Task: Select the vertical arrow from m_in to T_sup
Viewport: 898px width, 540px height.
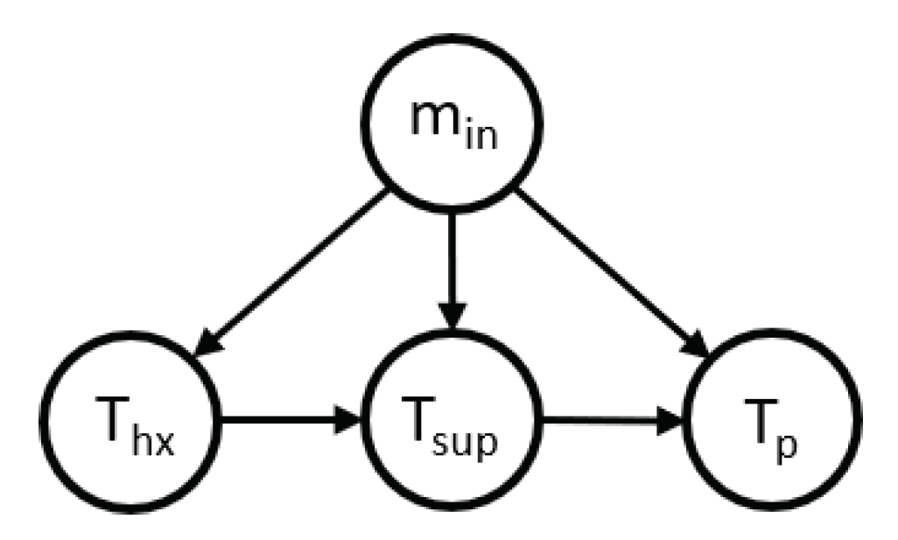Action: pos(452,263)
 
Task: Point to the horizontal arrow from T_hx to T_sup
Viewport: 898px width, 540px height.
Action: pos(280,421)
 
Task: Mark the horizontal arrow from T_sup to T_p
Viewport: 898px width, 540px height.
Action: pos(604,421)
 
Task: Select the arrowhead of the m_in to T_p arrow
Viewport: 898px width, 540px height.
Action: pos(695,344)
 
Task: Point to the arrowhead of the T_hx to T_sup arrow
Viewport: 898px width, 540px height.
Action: pos(350,421)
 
